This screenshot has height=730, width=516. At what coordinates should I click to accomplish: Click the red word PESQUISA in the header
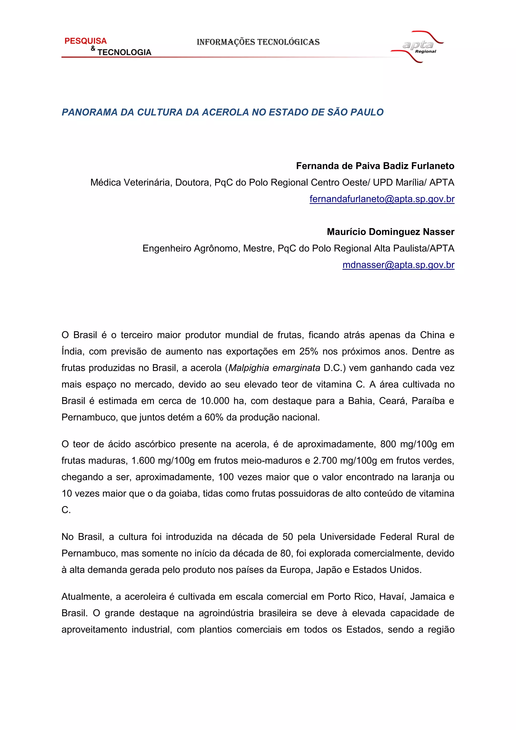coord(85,41)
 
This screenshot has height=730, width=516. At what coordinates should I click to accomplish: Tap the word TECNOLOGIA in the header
coord(124,52)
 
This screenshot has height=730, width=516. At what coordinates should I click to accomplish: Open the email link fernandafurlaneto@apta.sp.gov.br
coord(382,199)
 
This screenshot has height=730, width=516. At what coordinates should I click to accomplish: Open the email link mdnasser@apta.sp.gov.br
coord(398,265)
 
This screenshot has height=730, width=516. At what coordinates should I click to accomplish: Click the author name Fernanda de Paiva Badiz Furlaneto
coord(375,166)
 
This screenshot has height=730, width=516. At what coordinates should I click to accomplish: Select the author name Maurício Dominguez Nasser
coord(391,232)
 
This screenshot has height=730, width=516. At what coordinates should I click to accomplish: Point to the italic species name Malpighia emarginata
coord(274,368)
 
